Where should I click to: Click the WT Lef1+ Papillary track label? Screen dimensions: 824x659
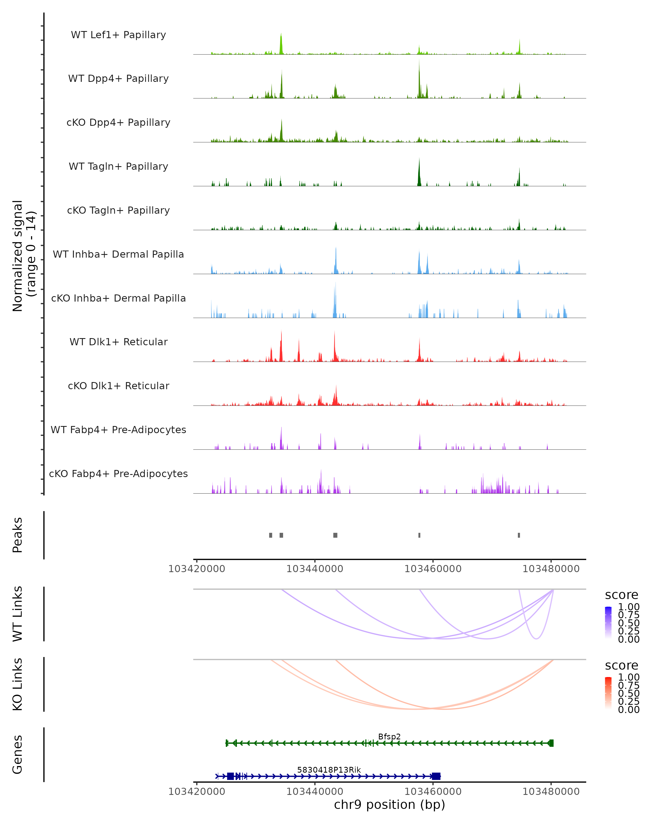(118, 35)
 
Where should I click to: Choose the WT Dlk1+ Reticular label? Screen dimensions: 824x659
(118, 342)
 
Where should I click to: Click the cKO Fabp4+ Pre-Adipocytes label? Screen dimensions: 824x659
(118, 474)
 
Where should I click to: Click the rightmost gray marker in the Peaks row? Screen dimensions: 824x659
(519, 535)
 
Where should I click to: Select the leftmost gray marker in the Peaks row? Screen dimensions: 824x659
(270, 535)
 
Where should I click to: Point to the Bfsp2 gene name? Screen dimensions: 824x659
(389, 736)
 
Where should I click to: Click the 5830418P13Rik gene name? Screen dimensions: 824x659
(329, 770)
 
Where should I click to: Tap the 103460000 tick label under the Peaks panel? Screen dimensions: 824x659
(433, 569)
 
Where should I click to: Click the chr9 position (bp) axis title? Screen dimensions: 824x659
(389, 804)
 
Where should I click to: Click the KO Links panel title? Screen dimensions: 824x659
(18, 684)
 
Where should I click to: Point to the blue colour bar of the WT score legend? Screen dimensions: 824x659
(608, 623)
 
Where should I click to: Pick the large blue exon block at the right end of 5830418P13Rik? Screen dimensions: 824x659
(436, 776)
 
